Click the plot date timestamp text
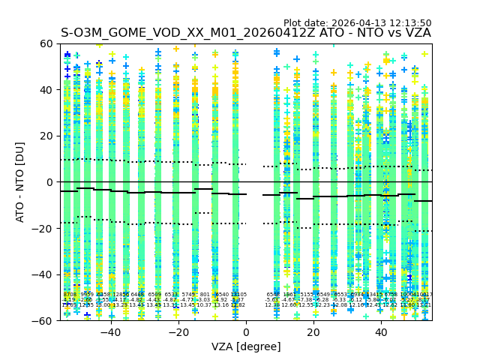point(357,23)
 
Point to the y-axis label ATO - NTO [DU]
point(21,181)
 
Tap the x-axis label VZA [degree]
point(246,346)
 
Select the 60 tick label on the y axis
point(46,44)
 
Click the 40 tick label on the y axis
point(46,90)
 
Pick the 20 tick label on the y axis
point(46,136)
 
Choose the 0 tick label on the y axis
point(49,182)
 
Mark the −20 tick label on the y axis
point(43,229)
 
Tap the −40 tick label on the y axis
point(43,274)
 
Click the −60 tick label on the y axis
point(43,321)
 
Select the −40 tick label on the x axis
point(109,332)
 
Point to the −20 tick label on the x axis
point(178,332)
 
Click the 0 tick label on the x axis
point(246,332)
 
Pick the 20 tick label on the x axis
point(314,332)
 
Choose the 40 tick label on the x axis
point(382,332)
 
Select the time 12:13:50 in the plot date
point(409,23)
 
